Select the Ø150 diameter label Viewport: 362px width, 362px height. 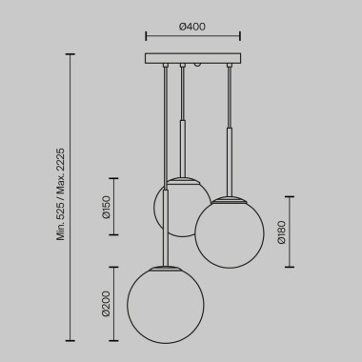pyautogui.click(x=107, y=207)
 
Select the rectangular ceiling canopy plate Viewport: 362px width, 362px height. pyautogui.click(x=192, y=58)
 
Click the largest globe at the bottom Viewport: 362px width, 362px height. pyautogui.click(x=166, y=305)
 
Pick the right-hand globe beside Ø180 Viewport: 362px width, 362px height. pyautogui.click(x=229, y=231)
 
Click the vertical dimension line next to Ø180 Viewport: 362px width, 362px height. pyautogui.click(x=292, y=231)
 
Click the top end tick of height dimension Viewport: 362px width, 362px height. pyautogui.click(x=71, y=54)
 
